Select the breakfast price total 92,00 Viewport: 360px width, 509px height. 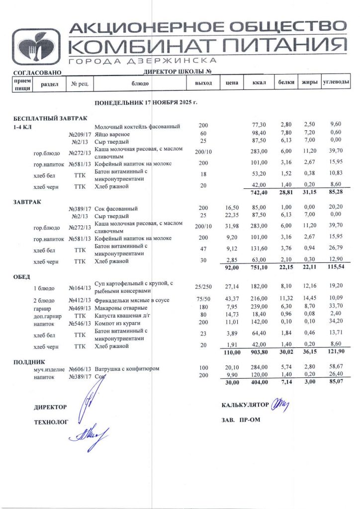point(231,268)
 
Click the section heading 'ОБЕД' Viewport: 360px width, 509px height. point(21,276)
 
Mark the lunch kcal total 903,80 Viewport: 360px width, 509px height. point(259,352)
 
